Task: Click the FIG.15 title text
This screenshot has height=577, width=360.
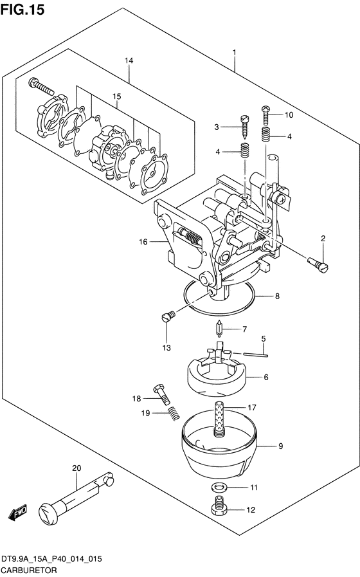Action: pos(22,10)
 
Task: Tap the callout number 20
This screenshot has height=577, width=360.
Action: pos(76,468)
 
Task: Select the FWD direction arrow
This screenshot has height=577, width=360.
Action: pos(17,511)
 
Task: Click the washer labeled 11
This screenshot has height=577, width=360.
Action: pos(219,487)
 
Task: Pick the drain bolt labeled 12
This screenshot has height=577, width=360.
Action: pos(219,506)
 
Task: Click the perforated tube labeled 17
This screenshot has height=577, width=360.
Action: pos(219,419)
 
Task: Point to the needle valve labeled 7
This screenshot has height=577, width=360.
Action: pos(219,328)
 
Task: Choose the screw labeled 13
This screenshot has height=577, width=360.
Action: pos(168,316)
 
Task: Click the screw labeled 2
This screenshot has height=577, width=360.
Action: pos(318,265)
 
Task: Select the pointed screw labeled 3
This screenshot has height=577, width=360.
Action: pos(244,126)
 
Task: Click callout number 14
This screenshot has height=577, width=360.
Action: pos(129,60)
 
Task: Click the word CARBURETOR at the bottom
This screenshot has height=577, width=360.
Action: pos(29,571)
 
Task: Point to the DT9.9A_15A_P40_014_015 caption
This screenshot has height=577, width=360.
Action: pos(51,560)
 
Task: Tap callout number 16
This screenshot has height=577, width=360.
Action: pos(143,242)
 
